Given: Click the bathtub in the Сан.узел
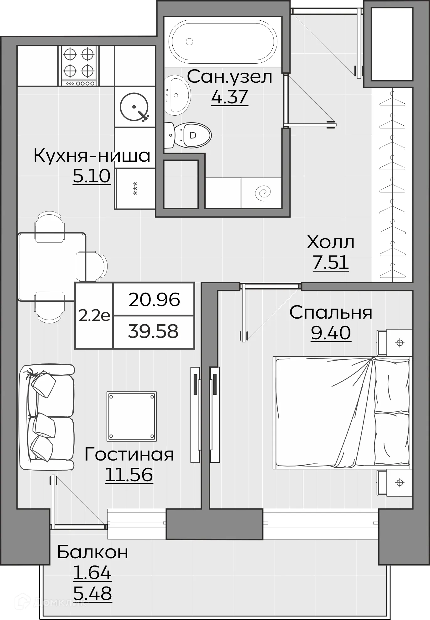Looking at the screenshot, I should (x=223, y=41).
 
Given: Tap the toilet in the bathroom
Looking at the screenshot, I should (x=191, y=135).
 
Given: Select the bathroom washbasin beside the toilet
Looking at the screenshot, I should (x=177, y=95).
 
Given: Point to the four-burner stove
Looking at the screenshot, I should (x=78, y=66).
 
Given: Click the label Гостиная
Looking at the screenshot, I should (x=129, y=454).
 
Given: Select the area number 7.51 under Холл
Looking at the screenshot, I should (x=331, y=262).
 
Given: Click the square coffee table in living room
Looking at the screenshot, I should (x=132, y=416).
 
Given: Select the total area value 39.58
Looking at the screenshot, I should (x=153, y=331).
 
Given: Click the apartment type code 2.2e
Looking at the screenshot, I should (x=94, y=315).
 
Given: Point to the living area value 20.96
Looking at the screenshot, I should (x=154, y=300).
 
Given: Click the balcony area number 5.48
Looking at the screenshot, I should (x=92, y=593).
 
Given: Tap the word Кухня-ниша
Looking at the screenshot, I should (x=92, y=155).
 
